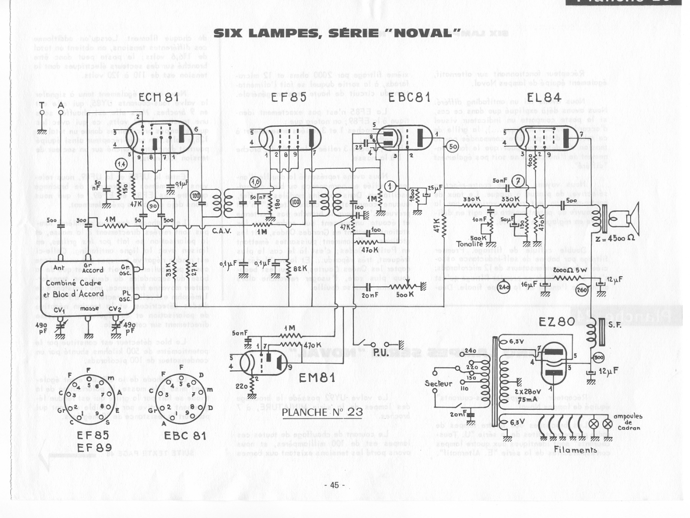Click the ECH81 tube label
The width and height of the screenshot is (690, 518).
[x=158, y=98]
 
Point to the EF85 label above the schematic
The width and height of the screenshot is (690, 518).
[x=289, y=97]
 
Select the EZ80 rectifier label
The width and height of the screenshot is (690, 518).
[x=556, y=322]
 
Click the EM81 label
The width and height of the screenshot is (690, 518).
[x=317, y=377]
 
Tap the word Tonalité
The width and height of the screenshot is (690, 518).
[x=470, y=244]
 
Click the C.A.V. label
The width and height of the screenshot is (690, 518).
[x=222, y=231]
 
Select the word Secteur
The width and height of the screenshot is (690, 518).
[x=438, y=383]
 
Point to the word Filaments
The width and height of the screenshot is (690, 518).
[x=575, y=450]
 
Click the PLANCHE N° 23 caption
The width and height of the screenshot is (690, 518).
[x=322, y=412]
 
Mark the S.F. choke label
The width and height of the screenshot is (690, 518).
[x=615, y=324]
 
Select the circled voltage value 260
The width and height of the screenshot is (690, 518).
[x=582, y=290]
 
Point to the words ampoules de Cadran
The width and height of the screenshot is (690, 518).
[x=628, y=422]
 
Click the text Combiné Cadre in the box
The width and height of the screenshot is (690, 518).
[x=73, y=283]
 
